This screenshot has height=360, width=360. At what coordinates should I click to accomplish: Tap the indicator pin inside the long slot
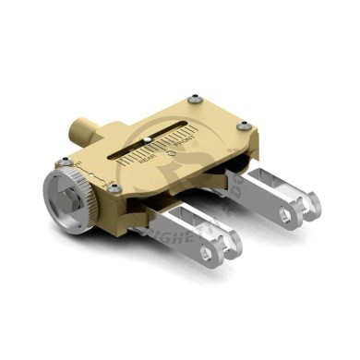coord(148,142)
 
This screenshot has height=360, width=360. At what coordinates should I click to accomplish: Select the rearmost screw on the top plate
coord(193,99)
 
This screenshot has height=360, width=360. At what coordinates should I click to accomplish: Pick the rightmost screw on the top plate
coord(243,126)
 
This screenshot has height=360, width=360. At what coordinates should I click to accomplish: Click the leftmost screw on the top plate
coord(66,162)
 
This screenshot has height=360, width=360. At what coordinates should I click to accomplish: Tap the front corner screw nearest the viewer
coord(114,188)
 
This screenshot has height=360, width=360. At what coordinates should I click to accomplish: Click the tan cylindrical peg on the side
coord(80,127)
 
